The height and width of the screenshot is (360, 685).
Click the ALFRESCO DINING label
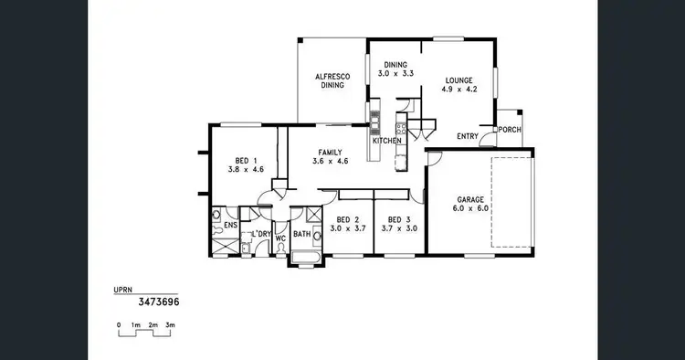coord(330,80)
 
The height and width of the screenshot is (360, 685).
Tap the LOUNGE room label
coord(459,79)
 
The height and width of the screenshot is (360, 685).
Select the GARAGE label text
coord(470,198)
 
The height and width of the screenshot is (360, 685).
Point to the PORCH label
coord(510,130)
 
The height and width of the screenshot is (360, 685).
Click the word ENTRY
coord(468,137)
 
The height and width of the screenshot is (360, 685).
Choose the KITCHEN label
coord(386,141)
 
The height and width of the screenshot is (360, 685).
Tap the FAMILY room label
coord(331,152)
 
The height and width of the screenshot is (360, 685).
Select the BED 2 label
coord(348,219)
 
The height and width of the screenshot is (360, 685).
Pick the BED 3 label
coord(399,219)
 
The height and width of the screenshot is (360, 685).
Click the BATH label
coord(301,234)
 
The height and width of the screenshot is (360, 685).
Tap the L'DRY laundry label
coord(262,235)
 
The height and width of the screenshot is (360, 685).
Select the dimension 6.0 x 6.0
coord(470,208)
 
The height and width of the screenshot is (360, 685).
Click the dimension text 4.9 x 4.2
coord(459,90)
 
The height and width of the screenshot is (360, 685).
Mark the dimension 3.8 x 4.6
coord(245,169)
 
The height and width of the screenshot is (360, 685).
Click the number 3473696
coord(158,301)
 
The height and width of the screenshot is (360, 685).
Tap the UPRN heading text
coord(123,291)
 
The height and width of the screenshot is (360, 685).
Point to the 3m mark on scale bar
coord(170,324)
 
